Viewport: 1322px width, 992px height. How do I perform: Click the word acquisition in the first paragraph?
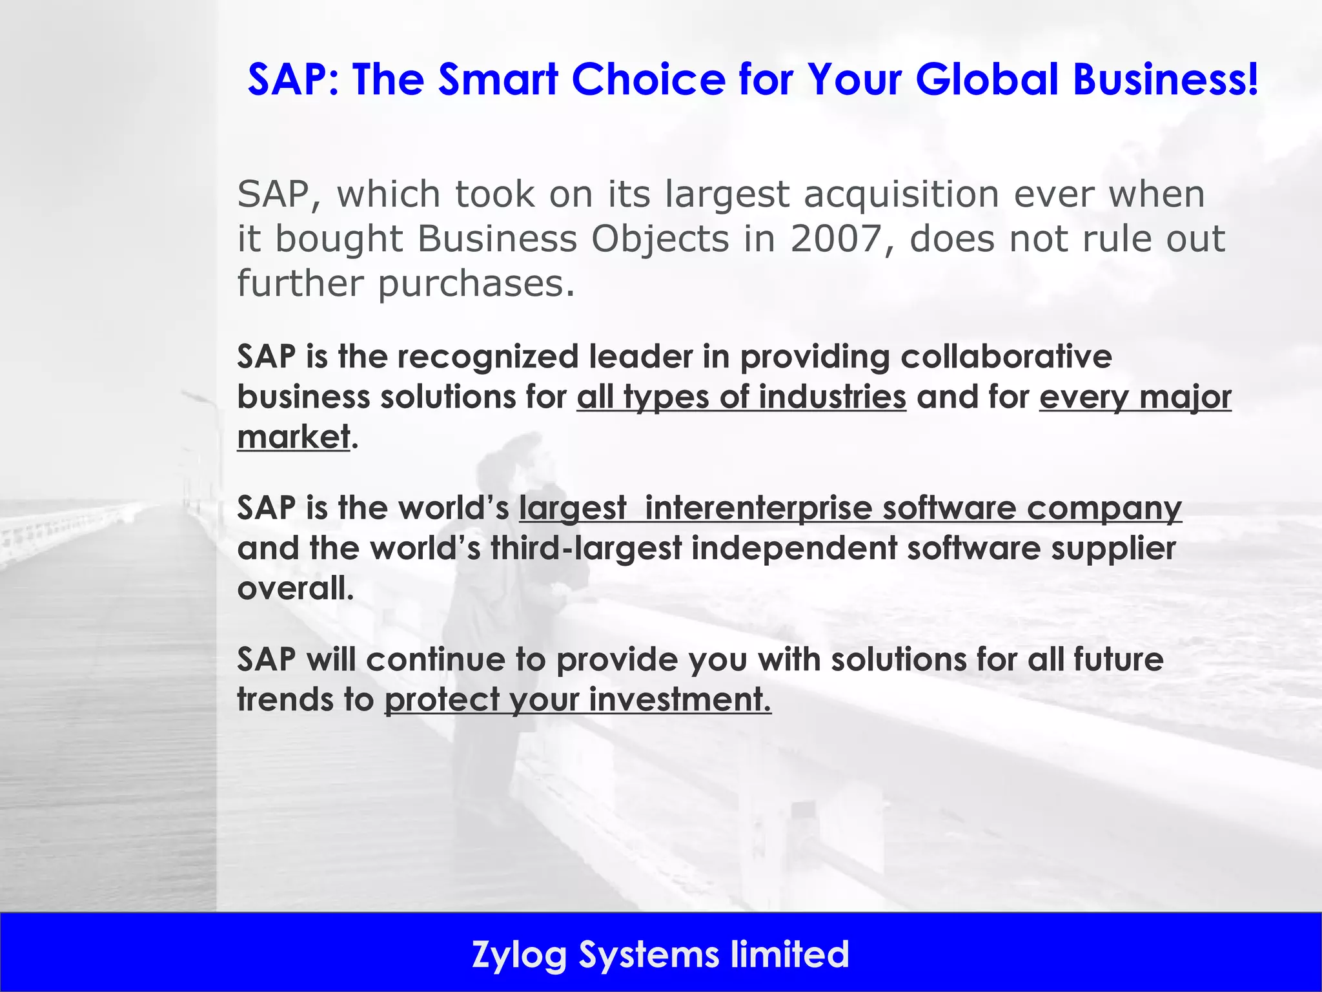901,194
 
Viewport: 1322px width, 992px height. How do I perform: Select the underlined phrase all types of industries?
741,397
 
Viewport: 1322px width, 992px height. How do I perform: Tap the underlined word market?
294,437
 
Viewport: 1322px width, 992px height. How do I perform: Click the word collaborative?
1006,356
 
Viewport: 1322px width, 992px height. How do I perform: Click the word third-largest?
586,548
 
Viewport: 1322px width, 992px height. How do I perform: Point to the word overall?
294,588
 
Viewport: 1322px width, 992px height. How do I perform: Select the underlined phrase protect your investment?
578,700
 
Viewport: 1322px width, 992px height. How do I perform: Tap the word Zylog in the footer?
519,955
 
